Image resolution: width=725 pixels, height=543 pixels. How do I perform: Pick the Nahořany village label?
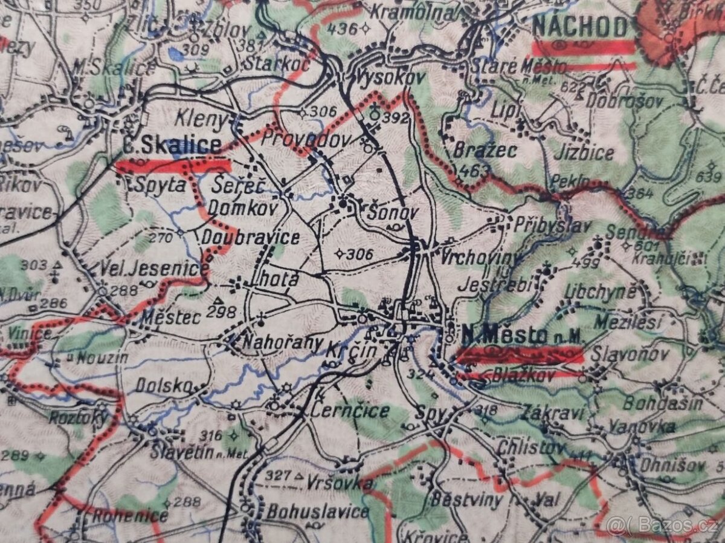(282, 342)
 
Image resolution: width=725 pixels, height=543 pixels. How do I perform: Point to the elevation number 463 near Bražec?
(474, 171)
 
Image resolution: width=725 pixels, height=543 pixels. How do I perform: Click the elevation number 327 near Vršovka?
(279, 475)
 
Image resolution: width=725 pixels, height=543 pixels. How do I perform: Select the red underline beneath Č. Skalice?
(173, 166)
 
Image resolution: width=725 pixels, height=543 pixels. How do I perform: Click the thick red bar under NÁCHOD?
(583, 47)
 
